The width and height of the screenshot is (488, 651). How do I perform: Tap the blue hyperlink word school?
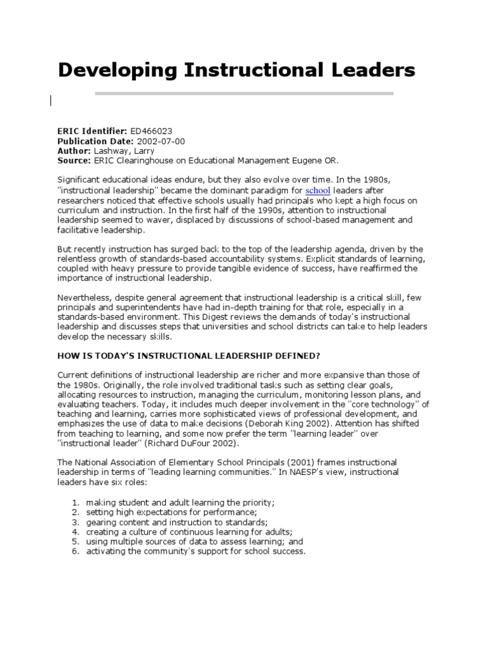click(318, 190)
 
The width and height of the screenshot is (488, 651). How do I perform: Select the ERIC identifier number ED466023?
click(152, 130)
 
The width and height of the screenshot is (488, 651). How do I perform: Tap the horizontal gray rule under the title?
click(244, 93)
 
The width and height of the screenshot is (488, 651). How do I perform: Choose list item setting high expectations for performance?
click(172, 512)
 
